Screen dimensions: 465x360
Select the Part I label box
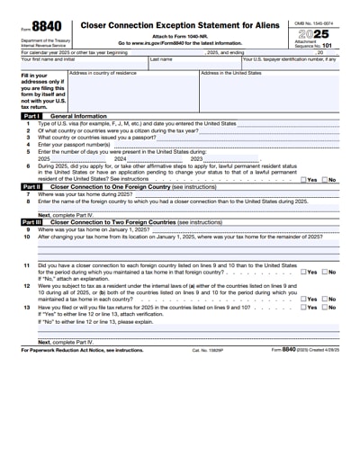[31, 117]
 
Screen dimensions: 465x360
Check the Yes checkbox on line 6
[302, 180]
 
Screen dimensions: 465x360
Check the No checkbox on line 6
[324, 180]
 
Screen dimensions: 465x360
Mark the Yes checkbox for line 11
[302, 271]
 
